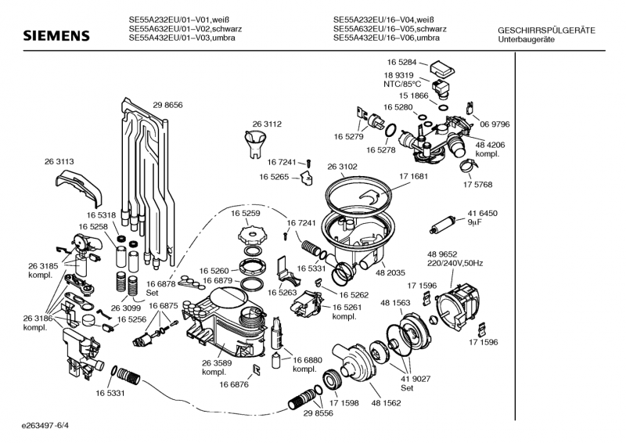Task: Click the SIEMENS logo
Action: tap(56, 36)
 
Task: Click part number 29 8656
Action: tap(167, 105)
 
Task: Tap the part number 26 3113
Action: tap(59, 161)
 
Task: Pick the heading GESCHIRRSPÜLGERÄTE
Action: tap(546, 31)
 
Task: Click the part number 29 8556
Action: tap(318, 412)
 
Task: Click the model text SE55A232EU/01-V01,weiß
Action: tap(182, 20)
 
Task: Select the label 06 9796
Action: tap(495, 124)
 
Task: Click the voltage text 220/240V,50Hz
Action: tap(455, 264)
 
